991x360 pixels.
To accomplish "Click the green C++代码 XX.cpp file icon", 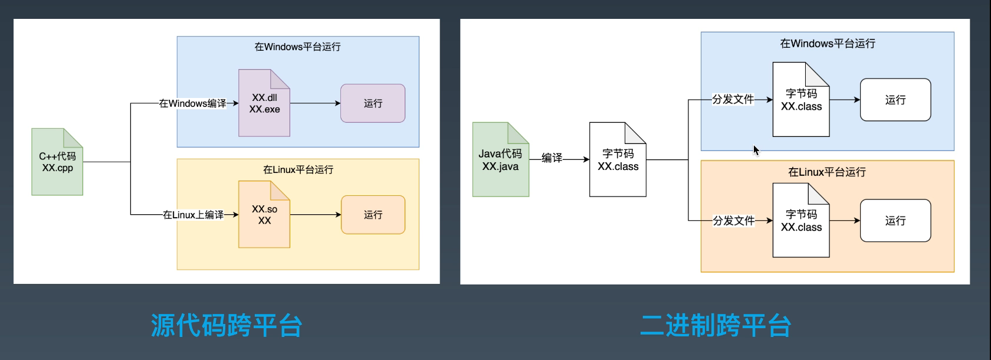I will [x=57, y=162].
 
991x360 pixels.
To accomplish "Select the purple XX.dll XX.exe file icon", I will [x=264, y=103].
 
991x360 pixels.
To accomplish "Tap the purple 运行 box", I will [x=373, y=103].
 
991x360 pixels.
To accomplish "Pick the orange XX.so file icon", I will [x=264, y=215].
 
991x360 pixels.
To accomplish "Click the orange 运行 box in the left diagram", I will [x=373, y=215].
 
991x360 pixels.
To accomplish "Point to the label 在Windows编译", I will [x=192, y=103].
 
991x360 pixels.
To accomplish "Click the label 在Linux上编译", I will [x=193, y=215].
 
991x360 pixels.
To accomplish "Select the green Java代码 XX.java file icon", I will [x=500, y=160].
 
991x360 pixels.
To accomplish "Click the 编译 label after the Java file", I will [x=552, y=158].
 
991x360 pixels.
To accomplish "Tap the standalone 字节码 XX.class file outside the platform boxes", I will [x=618, y=160].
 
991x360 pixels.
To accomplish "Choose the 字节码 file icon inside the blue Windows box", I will [x=801, y=100].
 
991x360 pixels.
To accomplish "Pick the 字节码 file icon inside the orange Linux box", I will [x=801, y=221].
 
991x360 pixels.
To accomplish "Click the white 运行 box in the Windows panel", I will [x=895, y=100].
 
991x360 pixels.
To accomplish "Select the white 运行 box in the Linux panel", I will [x=895, y=221].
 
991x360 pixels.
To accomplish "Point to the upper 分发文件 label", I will [x=733, y=99].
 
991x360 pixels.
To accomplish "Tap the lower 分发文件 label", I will [x=734, y=221].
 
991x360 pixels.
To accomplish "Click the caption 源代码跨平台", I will [x=227, y=325].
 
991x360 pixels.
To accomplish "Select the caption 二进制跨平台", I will [x=716, y=325].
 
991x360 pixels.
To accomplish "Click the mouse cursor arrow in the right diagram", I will [x=756, y=150].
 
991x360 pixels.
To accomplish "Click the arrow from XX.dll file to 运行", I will [x=316, y=103].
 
